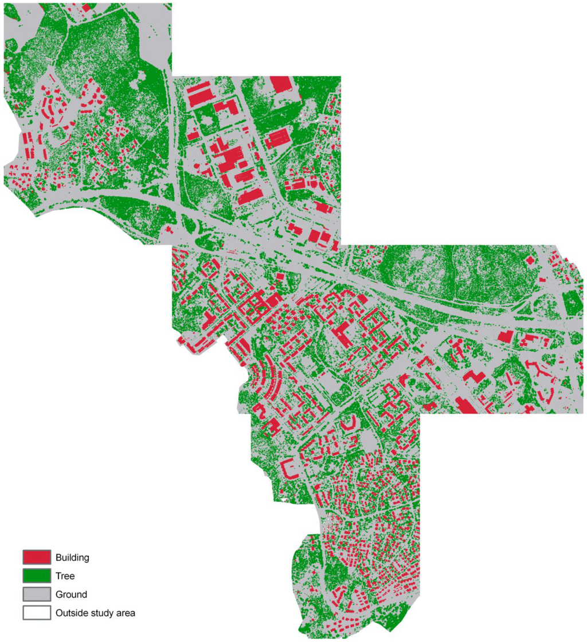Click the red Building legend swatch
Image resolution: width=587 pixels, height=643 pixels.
tap(37, 556)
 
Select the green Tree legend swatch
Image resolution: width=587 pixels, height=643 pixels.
tap(37, 575)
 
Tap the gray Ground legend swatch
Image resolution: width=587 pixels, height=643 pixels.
tap(37, 594)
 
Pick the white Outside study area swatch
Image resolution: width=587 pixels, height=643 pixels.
tap(37, 613)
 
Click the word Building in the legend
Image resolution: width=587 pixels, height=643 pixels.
tap(72, 557)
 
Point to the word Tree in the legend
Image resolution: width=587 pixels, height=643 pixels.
tap(65, 575)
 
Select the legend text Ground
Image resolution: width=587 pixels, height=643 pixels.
tap(71, 594)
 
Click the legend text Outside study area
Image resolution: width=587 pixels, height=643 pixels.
tap(95, 613)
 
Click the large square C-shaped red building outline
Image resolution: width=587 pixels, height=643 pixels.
tap(289, 468)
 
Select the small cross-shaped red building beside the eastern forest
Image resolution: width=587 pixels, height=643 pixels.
tap(530, 260)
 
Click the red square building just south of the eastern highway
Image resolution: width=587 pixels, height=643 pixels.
tap(505, 336)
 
